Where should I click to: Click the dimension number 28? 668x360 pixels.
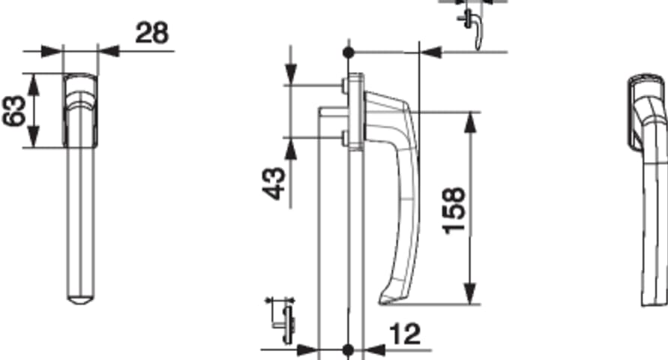pos(152,33)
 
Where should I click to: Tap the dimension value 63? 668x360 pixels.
pos(13,111)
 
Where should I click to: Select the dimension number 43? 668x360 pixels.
pos(274,184)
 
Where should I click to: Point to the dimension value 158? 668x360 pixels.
pos(454,211)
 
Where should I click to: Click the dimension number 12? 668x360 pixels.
pos(405,334)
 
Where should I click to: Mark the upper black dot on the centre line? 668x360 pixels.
pos(349,52)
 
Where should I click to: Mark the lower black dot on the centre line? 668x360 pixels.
pos(349,350)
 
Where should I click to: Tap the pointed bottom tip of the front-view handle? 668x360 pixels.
pos(81,303)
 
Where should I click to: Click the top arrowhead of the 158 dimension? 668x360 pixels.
pos(469,121)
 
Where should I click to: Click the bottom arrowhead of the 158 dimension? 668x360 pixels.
pos(469,295)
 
